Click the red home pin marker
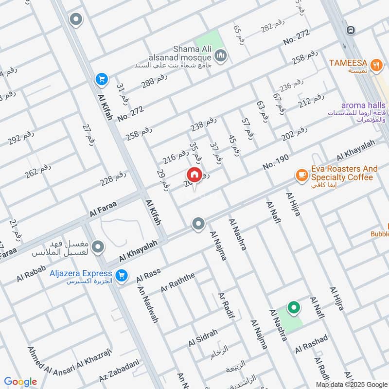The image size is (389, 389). coord(194,175)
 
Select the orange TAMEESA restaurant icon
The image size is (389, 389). coord(375,64)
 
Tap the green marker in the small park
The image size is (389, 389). coord(293,307)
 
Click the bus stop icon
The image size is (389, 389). coord(350,30)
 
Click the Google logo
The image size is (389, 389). coord(20,382)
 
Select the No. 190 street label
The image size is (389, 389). coord(276,162)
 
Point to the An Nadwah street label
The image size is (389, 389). coord(148,305)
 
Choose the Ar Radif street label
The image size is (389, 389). coord(227,306)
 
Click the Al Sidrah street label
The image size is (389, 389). coord(203,337)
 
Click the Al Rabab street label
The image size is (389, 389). coord(31,273)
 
